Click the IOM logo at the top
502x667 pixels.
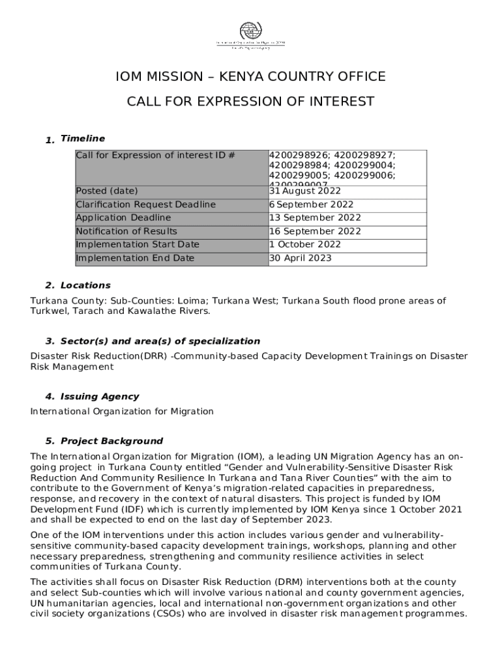tap(250, 35)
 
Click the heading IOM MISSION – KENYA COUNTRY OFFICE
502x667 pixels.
tap(250, 77)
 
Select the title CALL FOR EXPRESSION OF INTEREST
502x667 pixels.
tap(250, 102)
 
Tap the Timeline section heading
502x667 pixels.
tap(82, 139)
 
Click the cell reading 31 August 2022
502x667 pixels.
tap(305, 192)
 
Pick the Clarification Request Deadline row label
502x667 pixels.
tap(145, 205)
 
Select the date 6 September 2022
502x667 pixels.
tap(311, 205)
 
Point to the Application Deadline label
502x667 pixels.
tap(123, 218)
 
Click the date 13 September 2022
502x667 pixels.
tap(314, 218)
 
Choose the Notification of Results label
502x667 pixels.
tap(126, 231)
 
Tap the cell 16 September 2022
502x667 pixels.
tap(314, 231)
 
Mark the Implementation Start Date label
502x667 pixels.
tap(138, 244)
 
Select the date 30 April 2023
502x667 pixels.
tap(301, 258)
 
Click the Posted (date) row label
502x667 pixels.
tap(107, 191)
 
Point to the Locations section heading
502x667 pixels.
tap(85, 285)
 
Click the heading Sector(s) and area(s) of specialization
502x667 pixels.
tap(160, 341)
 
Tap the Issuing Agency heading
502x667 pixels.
tap(99, 397)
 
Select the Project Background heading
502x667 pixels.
tap(111, 441)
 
